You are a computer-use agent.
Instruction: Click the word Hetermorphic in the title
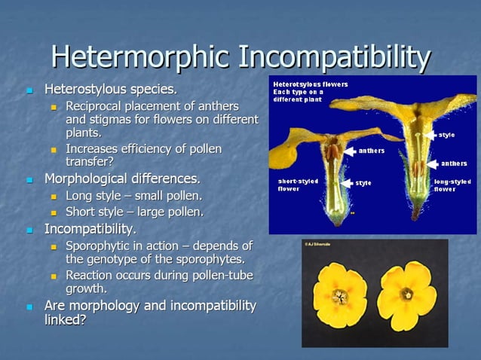[x=139, y=56]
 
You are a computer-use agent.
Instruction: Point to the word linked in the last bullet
[x=63, y=320]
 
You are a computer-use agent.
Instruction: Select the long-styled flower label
[x=452, y=185]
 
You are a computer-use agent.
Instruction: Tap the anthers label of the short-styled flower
[x=371, y=151]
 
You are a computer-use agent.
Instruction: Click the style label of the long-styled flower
[x=446, y=135]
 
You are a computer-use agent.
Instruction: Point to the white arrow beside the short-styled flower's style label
[x=346, y=182]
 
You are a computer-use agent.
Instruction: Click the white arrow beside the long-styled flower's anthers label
[x=432, y=163]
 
